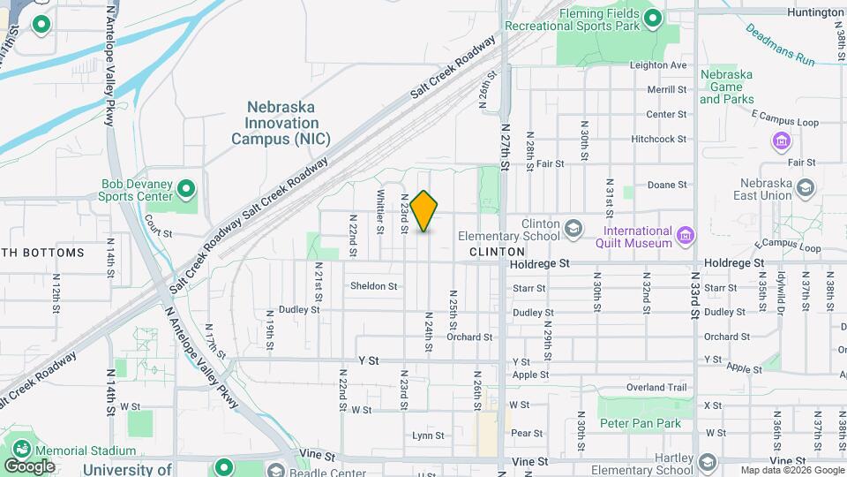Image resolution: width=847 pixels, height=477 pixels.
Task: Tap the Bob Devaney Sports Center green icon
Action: [x=186, y=189]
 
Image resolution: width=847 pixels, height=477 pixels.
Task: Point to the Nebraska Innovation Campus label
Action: [x=275, y=123]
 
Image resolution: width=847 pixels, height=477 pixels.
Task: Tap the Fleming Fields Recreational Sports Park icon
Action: [x=653, y=18]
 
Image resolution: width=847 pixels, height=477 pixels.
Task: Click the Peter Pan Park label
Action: [x=641, y=423]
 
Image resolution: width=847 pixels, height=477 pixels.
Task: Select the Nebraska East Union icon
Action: [x=804, y=187]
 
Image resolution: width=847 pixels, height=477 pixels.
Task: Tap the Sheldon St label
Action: [x=374, y=286]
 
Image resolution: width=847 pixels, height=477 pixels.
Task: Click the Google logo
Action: [x=29, y=466]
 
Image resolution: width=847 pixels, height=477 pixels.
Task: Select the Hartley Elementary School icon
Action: [x=707, y=463]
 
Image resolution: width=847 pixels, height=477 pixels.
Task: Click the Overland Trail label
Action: [x=656, y=388]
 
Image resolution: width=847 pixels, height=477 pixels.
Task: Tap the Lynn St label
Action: [x=428, y=435]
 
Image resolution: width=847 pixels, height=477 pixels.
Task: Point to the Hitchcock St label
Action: [x=659, y=140]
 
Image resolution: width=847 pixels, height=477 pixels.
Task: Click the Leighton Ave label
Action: [x=659, y=65]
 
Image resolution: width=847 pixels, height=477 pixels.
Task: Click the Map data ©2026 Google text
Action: [x=791, y=470]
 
